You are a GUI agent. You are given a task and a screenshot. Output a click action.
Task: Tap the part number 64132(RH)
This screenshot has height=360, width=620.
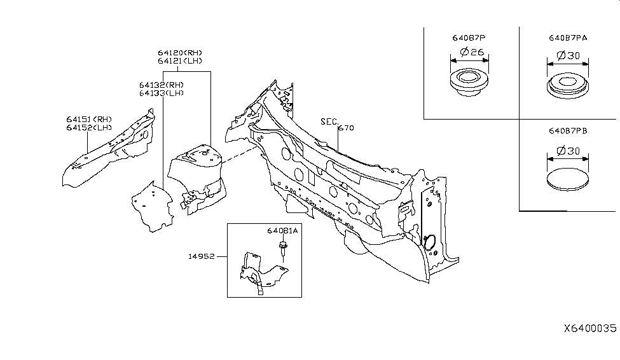162,85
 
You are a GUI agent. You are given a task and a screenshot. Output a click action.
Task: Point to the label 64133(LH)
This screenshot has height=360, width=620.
162,93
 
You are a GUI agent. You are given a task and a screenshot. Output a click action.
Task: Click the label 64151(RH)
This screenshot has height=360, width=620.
88,119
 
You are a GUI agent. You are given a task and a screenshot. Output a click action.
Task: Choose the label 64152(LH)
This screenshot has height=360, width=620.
88,127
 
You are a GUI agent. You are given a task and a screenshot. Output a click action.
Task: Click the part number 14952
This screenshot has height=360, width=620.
202,257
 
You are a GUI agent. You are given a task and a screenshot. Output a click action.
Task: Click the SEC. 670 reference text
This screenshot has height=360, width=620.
337,124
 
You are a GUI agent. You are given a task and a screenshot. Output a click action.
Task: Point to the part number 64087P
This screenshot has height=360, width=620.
470,38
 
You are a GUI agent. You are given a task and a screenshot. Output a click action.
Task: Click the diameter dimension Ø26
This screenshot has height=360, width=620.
470,52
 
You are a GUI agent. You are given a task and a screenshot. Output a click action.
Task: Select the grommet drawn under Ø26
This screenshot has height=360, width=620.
470,83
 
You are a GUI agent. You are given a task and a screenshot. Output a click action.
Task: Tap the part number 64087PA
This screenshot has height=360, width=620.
568,38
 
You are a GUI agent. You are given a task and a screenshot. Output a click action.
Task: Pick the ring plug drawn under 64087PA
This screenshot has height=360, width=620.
567,87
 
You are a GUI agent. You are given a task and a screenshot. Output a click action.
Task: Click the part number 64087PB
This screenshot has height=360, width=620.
568,133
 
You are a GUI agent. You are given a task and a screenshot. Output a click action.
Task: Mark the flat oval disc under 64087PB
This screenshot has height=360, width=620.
567,178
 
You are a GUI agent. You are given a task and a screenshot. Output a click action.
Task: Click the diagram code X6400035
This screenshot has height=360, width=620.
589,329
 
